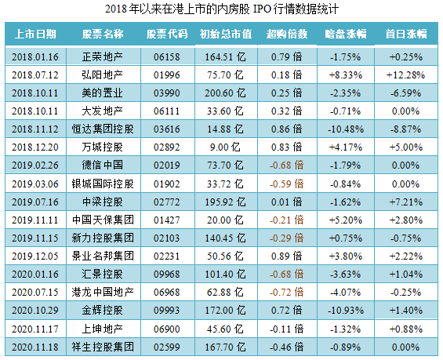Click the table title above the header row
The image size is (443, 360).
click(x=221, y=9)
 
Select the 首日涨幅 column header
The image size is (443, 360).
click(x=405, y=35)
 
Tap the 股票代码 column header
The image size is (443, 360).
click(x=167, y=35)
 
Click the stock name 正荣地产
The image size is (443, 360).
click(x=102, y=56)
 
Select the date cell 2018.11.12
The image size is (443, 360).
click(x=36, y=129)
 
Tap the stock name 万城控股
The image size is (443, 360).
click(x=102, y=147)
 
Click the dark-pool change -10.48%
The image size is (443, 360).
click(x=345, y=129)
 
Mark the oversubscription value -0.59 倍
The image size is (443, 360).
click(x=285, y=184)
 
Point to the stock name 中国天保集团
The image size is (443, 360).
click(x=102, y=220)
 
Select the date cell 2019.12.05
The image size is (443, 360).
click(x=36, y=256)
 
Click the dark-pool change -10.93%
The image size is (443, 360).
click(x=345, y=310)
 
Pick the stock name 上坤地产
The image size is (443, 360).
click(x=102, y=328)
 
